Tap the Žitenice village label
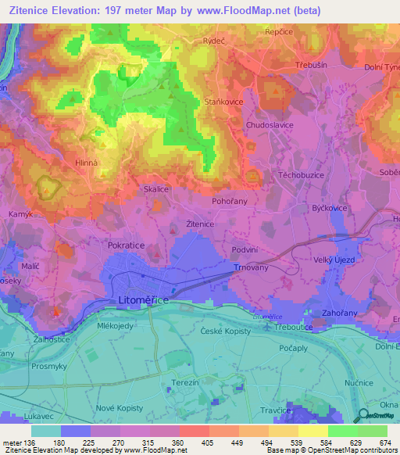pos(200,224)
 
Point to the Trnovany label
pos(251,267)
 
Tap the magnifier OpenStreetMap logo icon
pos(362,416)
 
